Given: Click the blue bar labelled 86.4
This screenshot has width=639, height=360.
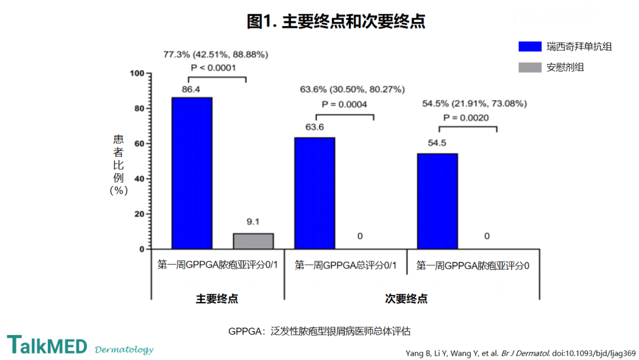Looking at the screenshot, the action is [192, 173].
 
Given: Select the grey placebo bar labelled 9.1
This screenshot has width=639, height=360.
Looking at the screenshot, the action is [253, 241].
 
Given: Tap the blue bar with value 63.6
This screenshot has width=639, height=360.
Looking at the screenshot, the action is [315, 193].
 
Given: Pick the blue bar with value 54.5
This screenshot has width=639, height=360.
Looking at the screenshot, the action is [437, 201].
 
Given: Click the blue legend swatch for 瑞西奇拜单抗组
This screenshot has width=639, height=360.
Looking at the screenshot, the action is [530, 46].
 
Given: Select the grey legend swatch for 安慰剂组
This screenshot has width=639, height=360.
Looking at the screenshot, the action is [530, 67].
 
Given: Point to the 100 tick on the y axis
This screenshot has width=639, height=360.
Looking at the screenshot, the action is [137, 73].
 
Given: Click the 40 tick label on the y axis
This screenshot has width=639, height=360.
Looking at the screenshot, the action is [140, 179].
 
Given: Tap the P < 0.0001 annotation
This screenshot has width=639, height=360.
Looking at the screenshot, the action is [213, 67].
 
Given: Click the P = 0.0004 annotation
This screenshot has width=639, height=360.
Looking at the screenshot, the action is [344, 104].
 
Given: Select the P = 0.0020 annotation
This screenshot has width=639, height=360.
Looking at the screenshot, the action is [466, 118].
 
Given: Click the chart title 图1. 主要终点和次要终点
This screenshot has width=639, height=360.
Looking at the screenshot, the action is [336, 21].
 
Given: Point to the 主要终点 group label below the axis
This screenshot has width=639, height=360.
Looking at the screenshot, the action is [217, 299].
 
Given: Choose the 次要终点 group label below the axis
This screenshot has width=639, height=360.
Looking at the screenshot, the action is [406, 299].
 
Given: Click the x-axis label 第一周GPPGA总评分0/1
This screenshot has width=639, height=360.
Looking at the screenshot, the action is [346, 265].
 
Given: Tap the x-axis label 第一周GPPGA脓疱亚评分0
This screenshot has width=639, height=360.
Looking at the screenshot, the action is [473, 266].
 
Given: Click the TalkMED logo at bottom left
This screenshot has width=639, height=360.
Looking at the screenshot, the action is [47, 345].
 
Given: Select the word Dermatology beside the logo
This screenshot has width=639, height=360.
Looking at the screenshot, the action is [124, 349].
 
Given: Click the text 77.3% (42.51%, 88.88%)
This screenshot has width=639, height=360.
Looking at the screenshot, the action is [215, 54].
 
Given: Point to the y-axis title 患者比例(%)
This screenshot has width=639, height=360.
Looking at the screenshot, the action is [118, 165].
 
